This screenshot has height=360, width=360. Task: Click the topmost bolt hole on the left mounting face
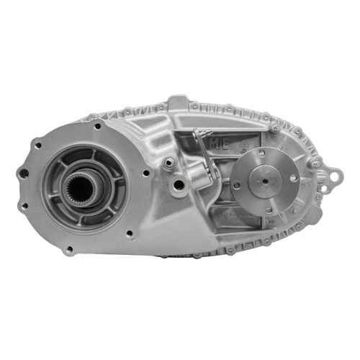click(98, 126)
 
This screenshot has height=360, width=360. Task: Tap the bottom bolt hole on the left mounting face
click(68, 250)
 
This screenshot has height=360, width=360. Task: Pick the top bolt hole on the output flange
click(262, 153)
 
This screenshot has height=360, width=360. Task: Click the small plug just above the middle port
click(168, 162)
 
